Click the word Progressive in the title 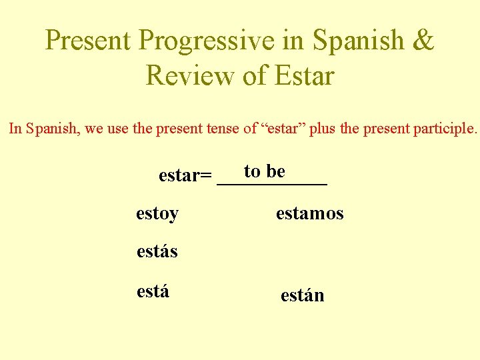[x=207, y=41]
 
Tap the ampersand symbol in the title [x=423, y=41]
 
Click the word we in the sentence [x=93, y=129]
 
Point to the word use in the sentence [x=119, y=129]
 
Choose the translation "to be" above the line [x=265, y=171]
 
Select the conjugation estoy [x=157, y=214]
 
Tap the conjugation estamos [x=309, y=213]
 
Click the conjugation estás [x=157, y=251]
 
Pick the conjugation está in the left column [x=153, y=291]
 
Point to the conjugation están [x=302, y=295]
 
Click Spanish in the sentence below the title [x=52, y=128]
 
